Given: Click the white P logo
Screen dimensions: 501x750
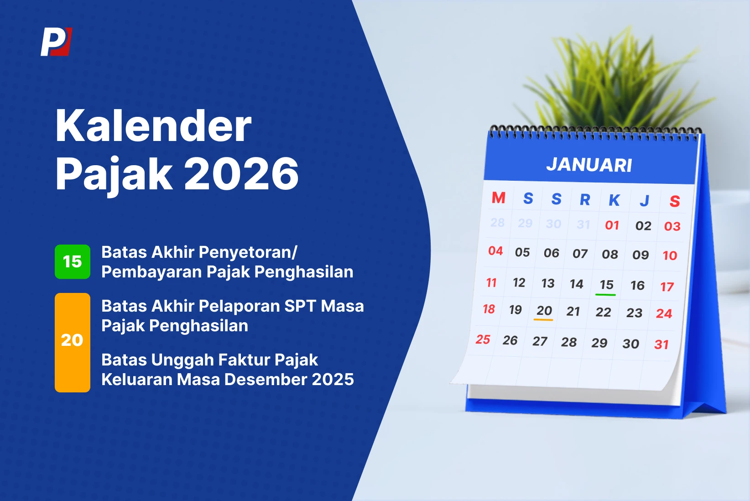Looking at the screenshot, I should tap(56, 42).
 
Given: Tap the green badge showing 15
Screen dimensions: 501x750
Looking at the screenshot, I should tap(72, 261).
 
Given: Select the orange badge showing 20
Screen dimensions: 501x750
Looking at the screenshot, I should tap(72, 342).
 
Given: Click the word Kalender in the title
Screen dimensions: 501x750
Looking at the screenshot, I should tap(153, 126).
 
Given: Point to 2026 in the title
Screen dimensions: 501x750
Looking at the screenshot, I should tap(241, 174).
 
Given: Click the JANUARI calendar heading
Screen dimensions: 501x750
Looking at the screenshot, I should tap(589, 165).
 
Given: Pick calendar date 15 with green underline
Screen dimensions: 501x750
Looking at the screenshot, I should tap(606, 285).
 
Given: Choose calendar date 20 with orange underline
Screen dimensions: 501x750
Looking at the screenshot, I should tap(544, 311).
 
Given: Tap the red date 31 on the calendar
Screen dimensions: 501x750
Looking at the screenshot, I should tap(661, 344).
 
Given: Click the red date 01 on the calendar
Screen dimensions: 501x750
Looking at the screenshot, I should tap(612, 225).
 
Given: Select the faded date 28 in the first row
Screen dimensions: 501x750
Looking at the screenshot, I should tap(497, 223).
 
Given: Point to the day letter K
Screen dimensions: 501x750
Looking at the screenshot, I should tap(614, 200).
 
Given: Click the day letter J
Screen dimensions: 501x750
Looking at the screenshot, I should tap(644, 201).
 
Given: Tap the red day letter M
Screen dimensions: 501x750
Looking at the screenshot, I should tap(498, 198).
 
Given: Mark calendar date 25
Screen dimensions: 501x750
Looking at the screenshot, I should tap(483, 339).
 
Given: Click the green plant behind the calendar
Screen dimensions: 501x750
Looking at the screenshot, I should tap(616, 82).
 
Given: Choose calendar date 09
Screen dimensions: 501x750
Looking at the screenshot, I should tap(640, 255).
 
